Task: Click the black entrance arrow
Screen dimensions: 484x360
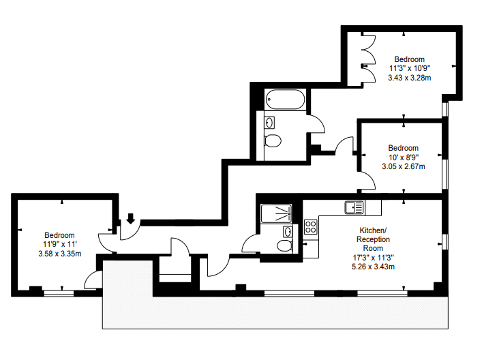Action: click(131, 218)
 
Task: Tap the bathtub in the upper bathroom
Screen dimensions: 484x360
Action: click(285, 100)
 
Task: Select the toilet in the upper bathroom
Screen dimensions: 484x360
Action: click(273, 140)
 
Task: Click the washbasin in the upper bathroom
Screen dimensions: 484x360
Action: click(270, 123)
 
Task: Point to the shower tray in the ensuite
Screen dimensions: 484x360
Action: click(276, 213)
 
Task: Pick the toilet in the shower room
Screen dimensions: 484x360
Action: click(284, 246)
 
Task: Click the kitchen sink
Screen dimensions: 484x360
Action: click(354, 207)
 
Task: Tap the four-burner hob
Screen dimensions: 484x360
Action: click(311, 226)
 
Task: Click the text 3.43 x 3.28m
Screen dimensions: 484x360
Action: click(409, 78)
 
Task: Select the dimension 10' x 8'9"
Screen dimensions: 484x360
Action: click(404, 157)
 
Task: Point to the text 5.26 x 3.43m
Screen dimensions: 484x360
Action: click(373, 267)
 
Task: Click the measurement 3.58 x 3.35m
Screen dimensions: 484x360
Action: click(60, 254)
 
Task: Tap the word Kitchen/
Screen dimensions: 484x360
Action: click(373, 230)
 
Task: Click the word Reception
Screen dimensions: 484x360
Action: click(373, 239)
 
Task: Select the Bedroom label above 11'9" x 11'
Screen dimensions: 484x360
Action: click(59, 235)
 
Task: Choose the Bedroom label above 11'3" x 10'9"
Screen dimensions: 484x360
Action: click(409, 59)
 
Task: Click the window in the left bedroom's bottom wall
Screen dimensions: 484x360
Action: click(59, 293)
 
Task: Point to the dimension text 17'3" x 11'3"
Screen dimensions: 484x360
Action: click(373, 258)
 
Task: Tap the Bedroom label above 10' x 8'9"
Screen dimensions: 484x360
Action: click(404, 148)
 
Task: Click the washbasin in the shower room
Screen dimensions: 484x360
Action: click(288, 231)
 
